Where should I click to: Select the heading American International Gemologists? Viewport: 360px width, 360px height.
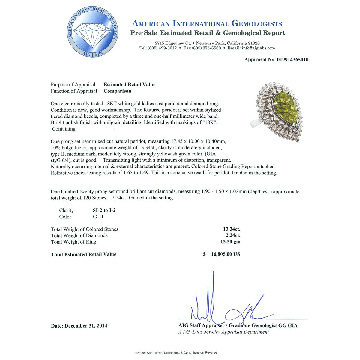207,24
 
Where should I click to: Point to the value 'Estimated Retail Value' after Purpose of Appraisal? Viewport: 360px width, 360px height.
130,85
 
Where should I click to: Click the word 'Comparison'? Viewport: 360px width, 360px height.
117,91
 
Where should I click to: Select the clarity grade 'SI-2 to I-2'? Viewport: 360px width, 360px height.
104,210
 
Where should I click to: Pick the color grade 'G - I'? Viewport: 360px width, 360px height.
98,217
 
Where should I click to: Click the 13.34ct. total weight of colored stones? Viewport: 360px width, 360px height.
232,229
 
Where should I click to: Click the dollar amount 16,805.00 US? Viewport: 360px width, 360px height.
225,254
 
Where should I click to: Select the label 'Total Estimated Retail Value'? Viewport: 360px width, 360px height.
83,254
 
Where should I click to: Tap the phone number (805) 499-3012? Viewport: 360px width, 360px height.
162,48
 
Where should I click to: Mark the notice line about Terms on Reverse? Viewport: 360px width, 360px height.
176,352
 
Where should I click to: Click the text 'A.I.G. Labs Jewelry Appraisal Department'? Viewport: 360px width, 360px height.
223,332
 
